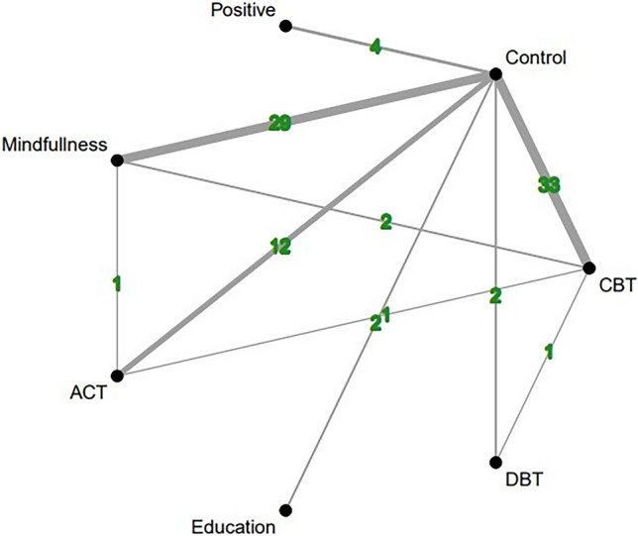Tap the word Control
coord(535,57)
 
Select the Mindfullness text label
coord(53,145)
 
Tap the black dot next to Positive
coord(285,27)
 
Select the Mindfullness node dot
coord(117,160)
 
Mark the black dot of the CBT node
coord(588,268)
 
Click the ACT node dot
coord(117,375)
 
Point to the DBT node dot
coord(494,462)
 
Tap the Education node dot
coord(285,510)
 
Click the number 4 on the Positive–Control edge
coord(374,47)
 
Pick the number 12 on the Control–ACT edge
coord(280,248)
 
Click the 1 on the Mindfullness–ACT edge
coord(117,284)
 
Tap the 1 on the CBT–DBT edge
coord(546,350)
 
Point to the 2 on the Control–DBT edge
coord(494,293)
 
